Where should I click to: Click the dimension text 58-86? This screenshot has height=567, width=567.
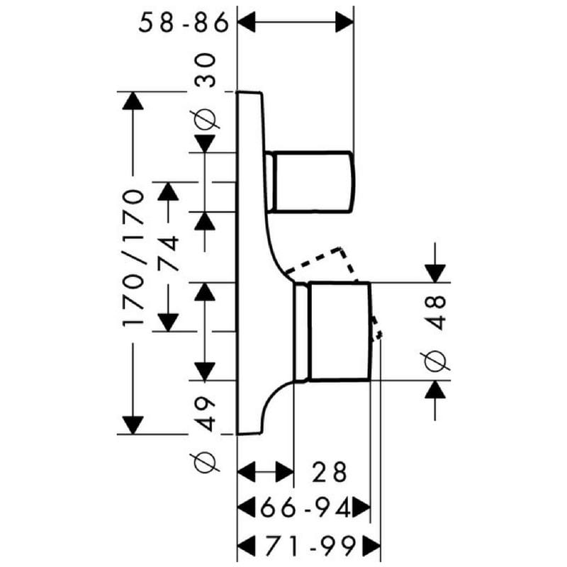(184, 23)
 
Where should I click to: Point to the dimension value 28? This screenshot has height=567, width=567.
(330, 472)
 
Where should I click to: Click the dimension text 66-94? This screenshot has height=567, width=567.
(305, 508)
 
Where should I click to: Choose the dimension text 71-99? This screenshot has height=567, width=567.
(310, 546)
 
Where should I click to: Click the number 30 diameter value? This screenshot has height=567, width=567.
(205, 70)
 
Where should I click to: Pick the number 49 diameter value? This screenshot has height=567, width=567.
(205, 414)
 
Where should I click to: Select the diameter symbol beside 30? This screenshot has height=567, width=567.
(205, 119)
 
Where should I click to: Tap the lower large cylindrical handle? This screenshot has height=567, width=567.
(332, 331)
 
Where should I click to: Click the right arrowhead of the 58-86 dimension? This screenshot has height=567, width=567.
(344, 23)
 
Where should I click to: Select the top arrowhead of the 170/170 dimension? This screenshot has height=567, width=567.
(133, 101)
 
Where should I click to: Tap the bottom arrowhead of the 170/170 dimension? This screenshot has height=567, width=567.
(133, 425)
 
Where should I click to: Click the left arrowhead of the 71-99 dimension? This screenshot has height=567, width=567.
(246, 546)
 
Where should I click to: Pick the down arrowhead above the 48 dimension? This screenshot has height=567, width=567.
(435, 274)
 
